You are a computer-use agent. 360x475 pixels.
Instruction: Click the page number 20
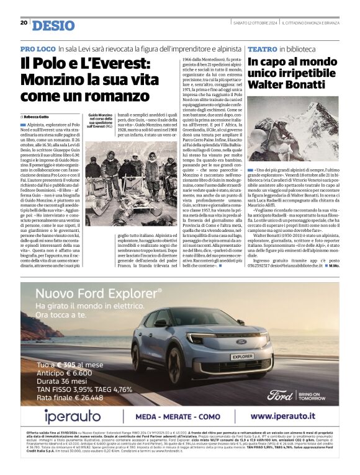24,23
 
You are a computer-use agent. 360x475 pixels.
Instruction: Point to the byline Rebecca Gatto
37,117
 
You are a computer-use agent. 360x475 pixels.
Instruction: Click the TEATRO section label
262,48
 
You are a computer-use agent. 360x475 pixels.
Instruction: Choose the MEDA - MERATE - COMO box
178,416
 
